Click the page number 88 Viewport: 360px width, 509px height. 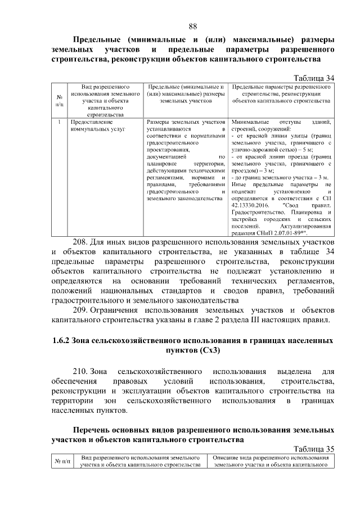point(192,26)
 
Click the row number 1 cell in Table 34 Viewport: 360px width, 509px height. point(59,121)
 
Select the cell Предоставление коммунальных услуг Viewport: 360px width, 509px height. point(91,125)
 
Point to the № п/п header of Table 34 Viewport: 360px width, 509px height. point(59,101)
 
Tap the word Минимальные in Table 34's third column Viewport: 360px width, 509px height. point(250,121)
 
